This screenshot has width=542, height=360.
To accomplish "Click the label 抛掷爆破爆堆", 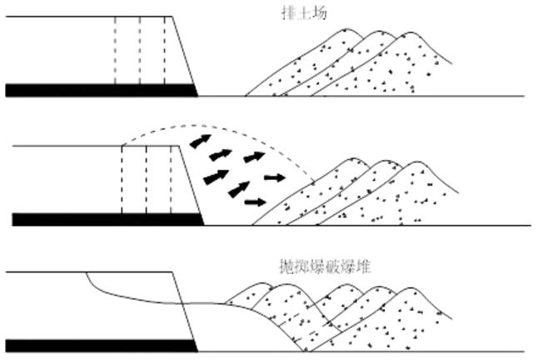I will pyautogui.click(x=325, y=267).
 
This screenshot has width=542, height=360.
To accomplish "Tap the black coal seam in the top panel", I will pyautogui.click(x=100, y=90).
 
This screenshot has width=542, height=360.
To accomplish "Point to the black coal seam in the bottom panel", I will pyautogui.click(x=100, y=345).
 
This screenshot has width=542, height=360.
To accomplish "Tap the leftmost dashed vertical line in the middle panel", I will pyautogui.click(x=122, y=179).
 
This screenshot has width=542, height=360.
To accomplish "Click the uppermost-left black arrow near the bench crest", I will pyautogui.click(x=199, y=141).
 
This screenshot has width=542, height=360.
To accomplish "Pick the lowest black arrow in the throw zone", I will pyautogui.click(x=256, y=202).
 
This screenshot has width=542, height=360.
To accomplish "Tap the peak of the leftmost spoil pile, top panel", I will pyautogui.click(x=339, y=30).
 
